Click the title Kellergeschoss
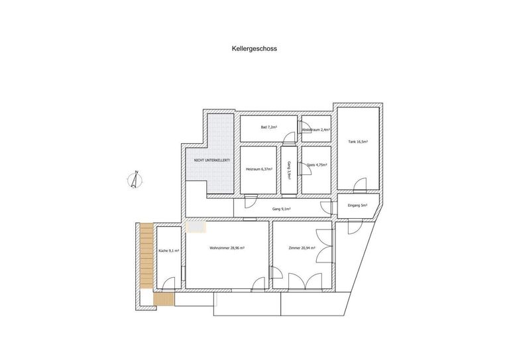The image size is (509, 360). pyautogui.click(x=253, y=48)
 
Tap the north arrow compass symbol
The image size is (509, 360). pyautogui.click(x=135, y=180)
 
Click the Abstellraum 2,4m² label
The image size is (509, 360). pyautogui.click(x=315, y=130)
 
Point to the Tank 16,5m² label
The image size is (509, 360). pyautogui.click(x=358, y=142)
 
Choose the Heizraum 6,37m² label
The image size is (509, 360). pyautogui.click(x=258, y=170)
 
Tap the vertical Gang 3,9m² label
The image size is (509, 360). pyautogui.click(x=290, y=172)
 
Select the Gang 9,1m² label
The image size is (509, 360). pyautogui.click(x=282, y=209)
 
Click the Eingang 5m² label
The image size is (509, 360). pyautogui.click(x=358, y=206)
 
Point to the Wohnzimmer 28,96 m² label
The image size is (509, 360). pyautogui.click(x=227, y=248)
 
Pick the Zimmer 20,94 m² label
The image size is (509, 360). pyautogui.click(x=302, y=248)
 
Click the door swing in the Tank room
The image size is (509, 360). pyautogui.click(x=359, y=184)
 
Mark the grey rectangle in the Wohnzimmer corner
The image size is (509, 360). pyautogui.click(x=196, y=226)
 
